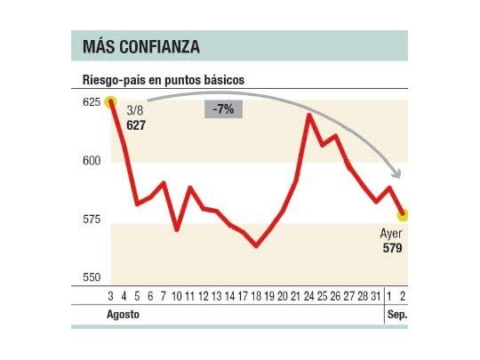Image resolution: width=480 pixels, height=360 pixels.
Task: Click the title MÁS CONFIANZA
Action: pyautogui.click(x=140, y=45)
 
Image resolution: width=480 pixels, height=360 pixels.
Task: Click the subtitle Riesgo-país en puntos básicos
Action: pyautogui.click(x=163, y=80)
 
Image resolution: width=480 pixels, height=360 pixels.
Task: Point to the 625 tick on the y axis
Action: pyautogui.click(x=91, y=103)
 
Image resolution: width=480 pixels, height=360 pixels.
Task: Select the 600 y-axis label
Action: pyautogui.click(x=91, y=161)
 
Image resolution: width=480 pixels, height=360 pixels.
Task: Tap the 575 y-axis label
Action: pyautogui.click(x=91, y=220)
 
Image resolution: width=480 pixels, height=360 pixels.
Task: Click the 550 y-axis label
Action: pyautogui.click(x=91, y=277)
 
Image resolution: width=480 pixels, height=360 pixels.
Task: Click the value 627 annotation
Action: pyautogui.click(x=136, y=126)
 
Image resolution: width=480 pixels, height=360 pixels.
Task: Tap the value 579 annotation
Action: pyautogui.click(x=391, y=248)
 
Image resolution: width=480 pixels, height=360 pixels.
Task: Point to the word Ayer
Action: pyautogui.click(x=391, y=234)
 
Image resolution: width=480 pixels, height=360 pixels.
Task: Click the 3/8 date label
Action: pyautogui.click(x=135, y=111)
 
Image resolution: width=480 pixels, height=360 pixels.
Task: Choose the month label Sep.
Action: pyautogui.click(x=396, y=316)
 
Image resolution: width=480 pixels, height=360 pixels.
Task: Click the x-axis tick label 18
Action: pyautogui.click(x=257, y=297)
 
